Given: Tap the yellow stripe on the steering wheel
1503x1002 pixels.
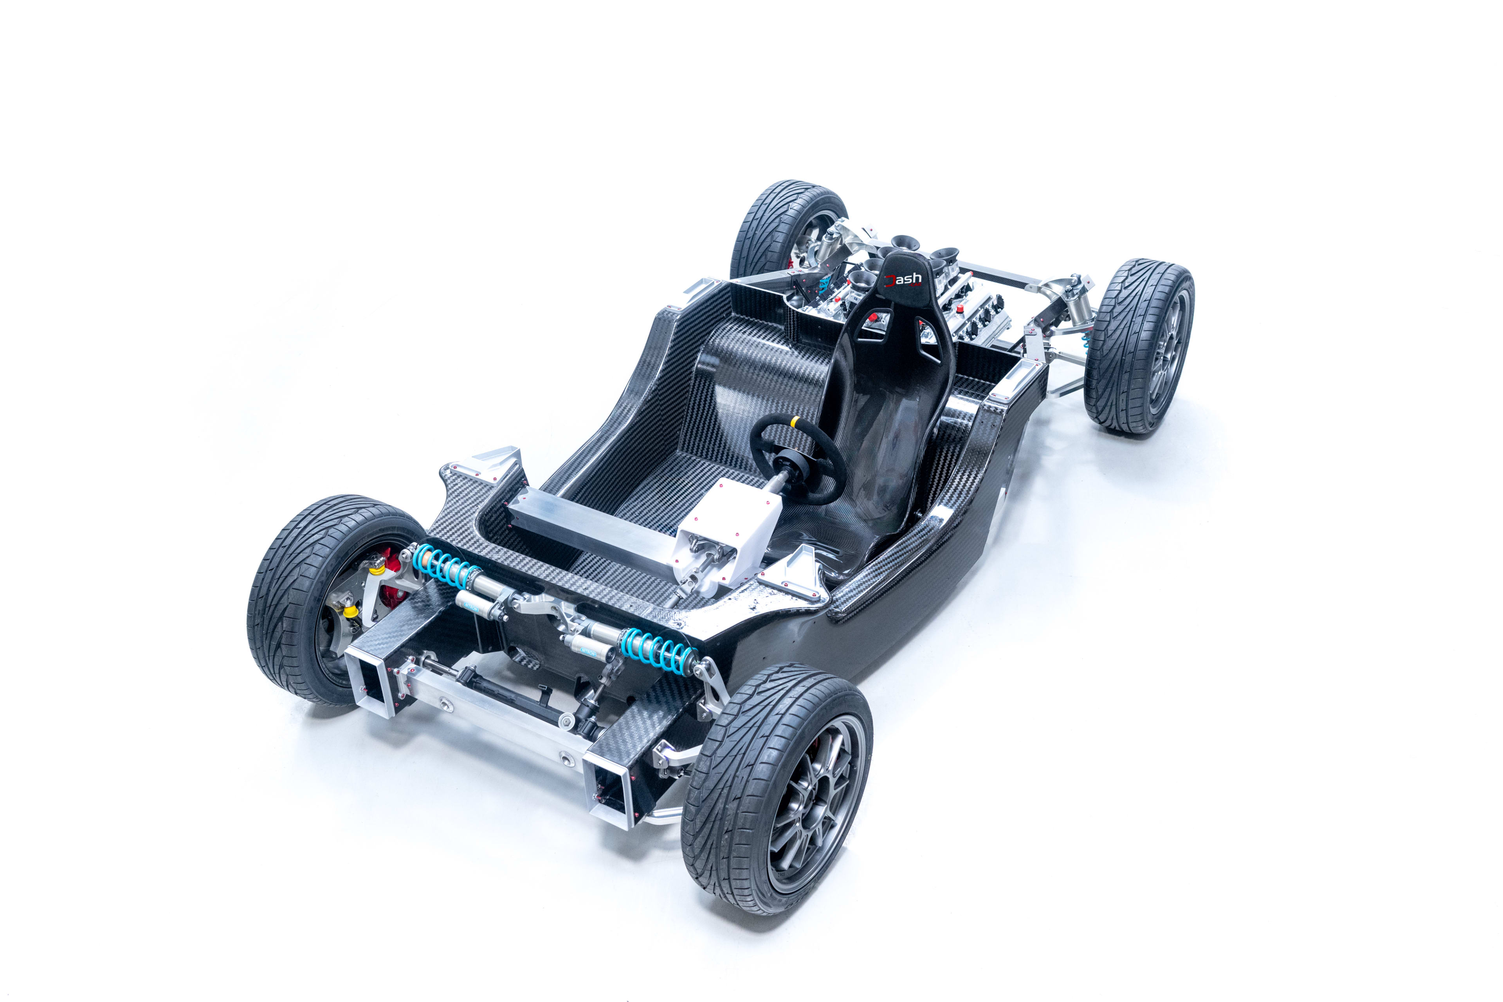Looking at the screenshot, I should coord(795,422).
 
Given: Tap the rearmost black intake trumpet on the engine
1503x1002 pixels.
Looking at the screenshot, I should coord(905,242).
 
